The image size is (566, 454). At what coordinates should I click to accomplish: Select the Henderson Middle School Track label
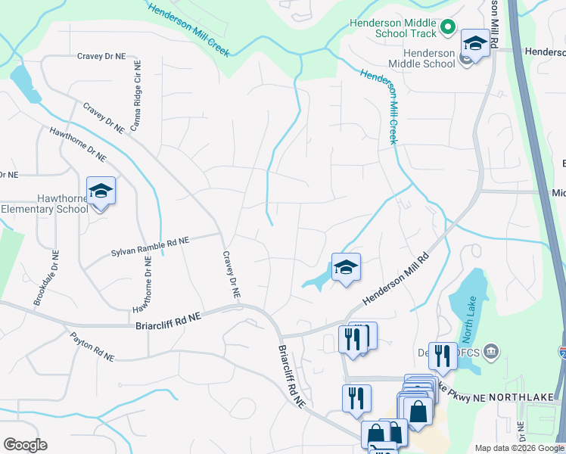393,28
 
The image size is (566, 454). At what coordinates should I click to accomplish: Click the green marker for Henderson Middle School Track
448,29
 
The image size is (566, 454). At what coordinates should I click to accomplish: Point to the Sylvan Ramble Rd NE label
150,246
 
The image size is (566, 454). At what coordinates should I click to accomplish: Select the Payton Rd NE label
92,346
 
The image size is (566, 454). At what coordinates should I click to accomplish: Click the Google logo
25,445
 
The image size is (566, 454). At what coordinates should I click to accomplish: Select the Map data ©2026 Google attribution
518,448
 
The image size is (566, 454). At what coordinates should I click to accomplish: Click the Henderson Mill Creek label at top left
189,30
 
